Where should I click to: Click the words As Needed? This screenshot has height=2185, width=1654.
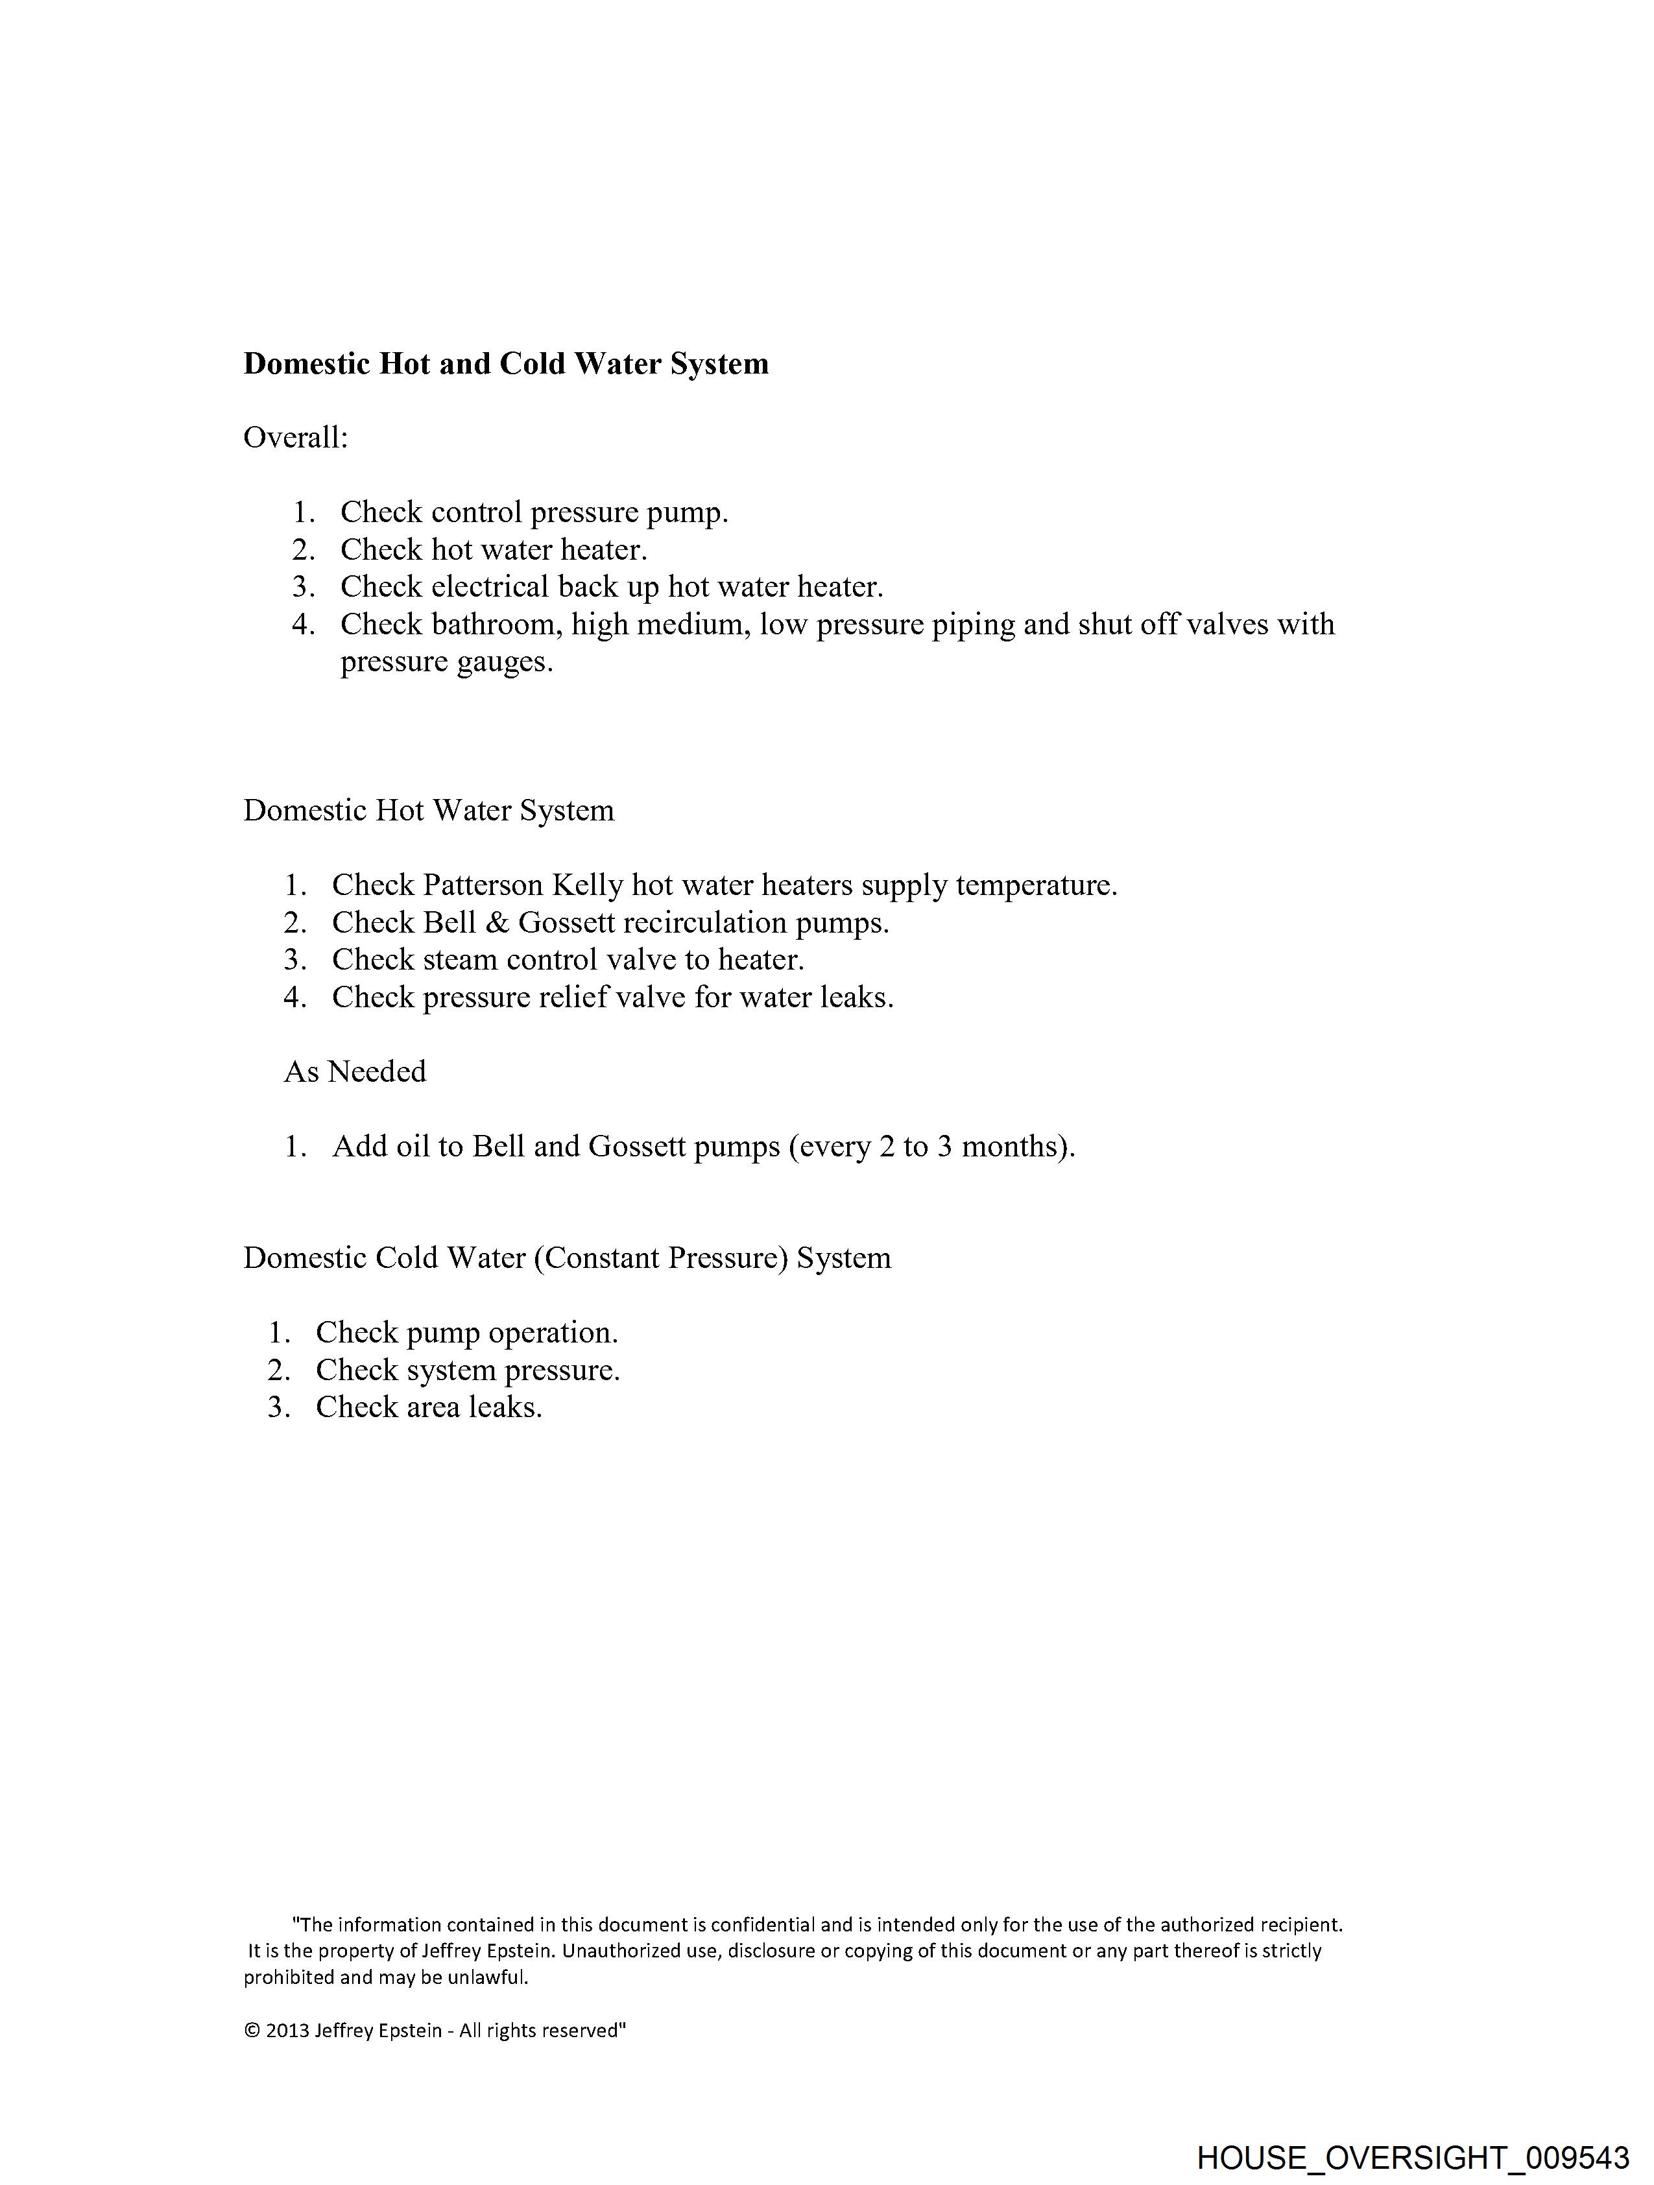pos(355,1072)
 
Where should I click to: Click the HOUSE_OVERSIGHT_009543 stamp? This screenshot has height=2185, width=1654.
pos(1412,2157)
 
